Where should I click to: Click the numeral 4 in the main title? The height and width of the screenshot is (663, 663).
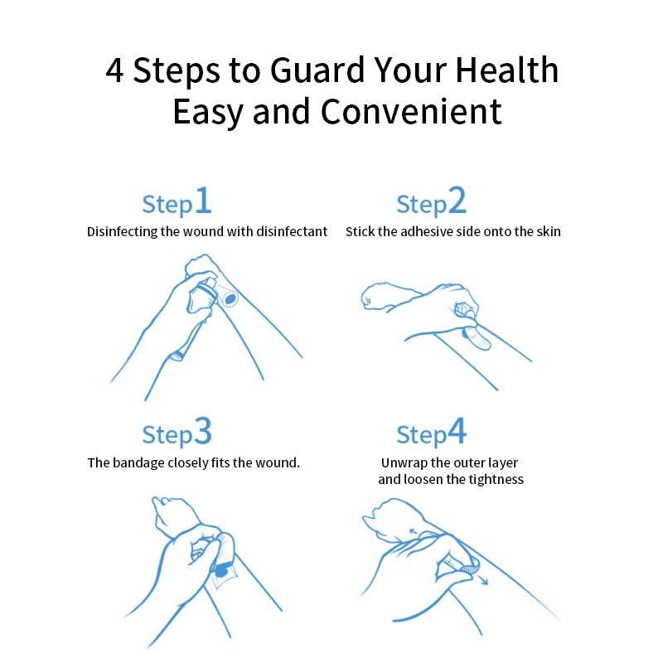115,71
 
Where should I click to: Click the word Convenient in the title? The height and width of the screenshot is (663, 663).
411,112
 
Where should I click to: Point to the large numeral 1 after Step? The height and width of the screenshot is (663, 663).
203,201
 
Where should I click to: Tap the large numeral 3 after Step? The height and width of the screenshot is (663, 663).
203,433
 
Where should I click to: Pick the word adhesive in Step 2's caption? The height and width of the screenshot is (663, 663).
428,232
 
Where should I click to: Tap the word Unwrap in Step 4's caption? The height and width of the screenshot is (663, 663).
405,462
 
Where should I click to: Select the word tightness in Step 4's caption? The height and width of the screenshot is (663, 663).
495,479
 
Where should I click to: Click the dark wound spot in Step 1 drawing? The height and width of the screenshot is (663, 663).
229,296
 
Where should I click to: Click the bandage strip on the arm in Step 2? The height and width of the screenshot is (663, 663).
478,337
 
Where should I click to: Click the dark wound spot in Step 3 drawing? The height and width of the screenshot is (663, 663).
222,569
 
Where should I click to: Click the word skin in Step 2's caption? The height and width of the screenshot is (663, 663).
548,232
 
